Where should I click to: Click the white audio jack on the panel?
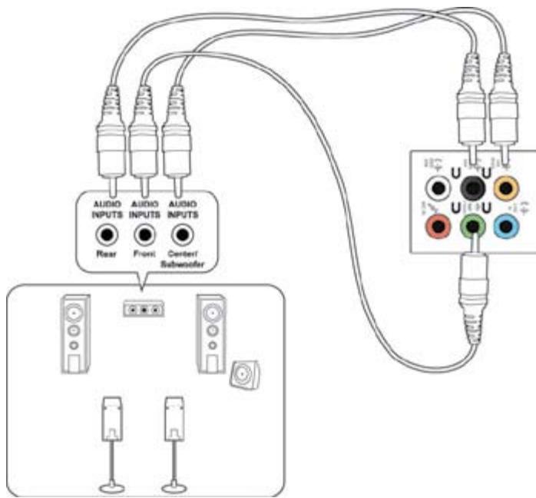438,187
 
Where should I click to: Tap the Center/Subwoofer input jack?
181,234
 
